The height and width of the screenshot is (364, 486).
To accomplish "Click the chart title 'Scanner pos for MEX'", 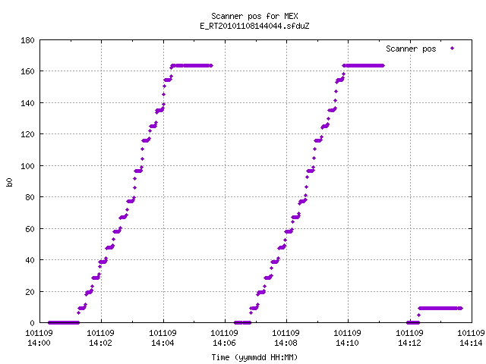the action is (254, 16).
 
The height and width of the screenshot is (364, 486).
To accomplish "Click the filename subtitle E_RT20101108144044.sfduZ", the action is (254, 26).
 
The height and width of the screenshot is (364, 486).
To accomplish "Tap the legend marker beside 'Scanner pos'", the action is (453, 49).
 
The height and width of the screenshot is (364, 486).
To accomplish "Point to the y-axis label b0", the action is (10, 182).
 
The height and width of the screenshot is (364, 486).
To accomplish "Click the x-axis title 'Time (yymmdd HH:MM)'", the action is (254, 357).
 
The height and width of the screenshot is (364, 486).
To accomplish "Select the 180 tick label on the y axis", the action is (27, 40).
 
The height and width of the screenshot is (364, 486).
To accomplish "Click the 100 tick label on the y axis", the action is (27, 166).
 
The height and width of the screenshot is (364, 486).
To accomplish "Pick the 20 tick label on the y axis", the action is (30, 292).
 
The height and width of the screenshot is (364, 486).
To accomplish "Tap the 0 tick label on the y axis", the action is (32, 323).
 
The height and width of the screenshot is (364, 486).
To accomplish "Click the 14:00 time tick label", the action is (39, 343).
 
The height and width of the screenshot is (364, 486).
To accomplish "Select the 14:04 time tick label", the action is (163, 343).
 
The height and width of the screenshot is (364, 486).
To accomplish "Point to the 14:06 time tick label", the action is (224, 343).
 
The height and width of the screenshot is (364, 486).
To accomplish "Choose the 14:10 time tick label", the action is (348, 343).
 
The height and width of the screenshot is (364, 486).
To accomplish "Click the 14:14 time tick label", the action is (471, 343).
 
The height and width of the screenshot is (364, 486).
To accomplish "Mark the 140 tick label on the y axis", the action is (27, 103).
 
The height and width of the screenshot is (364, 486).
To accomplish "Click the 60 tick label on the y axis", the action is (30, 229).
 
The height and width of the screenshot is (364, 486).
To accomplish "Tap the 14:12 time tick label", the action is (410, 343).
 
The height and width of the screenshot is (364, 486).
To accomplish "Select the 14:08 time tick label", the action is (286, 343).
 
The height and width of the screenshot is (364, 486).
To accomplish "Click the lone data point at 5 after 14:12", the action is (418, 315).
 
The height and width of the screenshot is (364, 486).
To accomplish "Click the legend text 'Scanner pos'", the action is (411, 49).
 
